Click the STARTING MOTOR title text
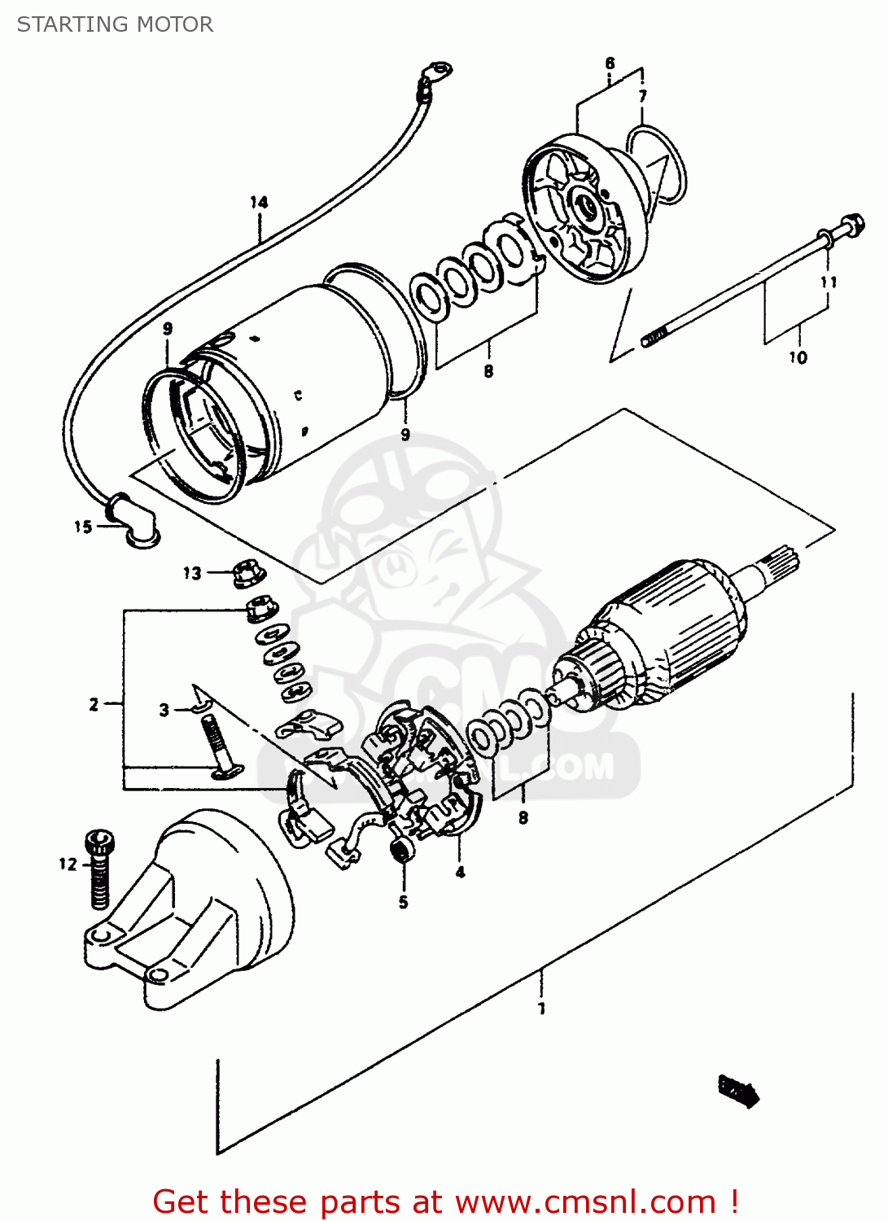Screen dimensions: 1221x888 tap(115, 24)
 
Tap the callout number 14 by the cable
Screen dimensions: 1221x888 tap(259, 202)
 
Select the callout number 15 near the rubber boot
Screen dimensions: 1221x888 tap(83, 527)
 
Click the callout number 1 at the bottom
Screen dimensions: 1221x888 tap(542, 1009)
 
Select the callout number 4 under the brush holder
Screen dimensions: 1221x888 tap(460, 873)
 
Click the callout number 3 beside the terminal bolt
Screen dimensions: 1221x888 tap(164, 710)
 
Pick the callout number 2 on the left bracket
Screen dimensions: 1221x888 tap(94, 704)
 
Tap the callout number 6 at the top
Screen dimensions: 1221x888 tap(610, 63)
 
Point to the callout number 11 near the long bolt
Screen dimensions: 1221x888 tap(829, 282)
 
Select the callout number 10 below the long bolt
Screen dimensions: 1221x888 tap(798, 357)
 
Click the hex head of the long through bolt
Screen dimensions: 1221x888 tap(851, 225)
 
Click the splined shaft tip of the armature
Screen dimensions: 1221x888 tap(783, 561)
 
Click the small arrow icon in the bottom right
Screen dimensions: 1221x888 tap(738, 1089)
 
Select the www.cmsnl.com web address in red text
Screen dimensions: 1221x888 tap(584, 1202)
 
